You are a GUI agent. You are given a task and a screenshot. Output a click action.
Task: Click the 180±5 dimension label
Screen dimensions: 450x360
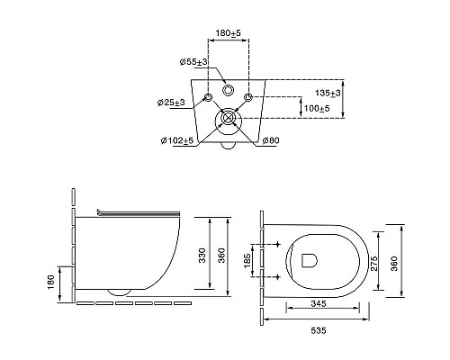pos(229,33)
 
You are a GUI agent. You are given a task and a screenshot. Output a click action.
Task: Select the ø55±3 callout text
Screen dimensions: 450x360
pos(193,62)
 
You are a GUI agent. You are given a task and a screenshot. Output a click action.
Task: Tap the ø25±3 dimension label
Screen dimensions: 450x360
pos(171,103)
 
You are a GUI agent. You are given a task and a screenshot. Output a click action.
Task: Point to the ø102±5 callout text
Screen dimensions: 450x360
pos(177,140)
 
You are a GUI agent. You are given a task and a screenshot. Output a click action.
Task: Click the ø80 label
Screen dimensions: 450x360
pos(271,140)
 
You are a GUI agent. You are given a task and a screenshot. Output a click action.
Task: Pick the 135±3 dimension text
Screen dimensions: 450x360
pos(328,94)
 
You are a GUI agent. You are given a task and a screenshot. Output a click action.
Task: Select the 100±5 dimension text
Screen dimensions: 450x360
pos(317,108)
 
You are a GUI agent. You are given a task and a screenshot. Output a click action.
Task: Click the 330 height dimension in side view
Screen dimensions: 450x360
pos(202,256)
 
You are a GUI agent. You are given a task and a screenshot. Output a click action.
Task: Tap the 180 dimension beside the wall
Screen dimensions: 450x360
pos(50,283)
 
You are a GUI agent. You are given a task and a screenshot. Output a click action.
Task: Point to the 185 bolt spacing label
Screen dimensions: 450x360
pos(247,261)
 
